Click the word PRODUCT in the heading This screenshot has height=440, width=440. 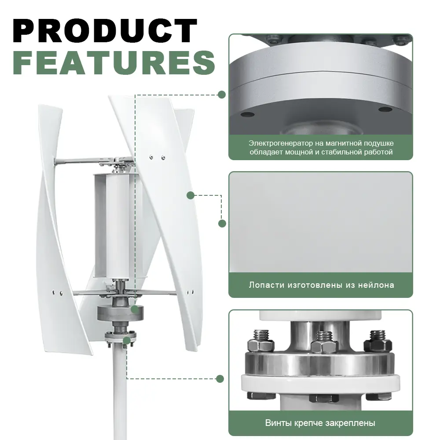tap(105, 31)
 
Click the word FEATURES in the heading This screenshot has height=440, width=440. tap(114, 63)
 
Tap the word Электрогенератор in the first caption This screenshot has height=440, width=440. tap(281, 143)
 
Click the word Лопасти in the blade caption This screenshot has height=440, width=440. tap(267, 285)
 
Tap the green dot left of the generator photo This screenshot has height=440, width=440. tap(222, 95)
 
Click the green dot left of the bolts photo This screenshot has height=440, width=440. tap(220, 379)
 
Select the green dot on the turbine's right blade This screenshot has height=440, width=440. tap(191, 195)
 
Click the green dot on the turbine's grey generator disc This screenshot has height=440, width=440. tap(135, 309)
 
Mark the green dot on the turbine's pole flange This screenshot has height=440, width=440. tap(127, 341)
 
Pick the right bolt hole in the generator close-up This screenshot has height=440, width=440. tap(385, 109)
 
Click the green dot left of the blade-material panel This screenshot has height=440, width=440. tap(222, 224)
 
